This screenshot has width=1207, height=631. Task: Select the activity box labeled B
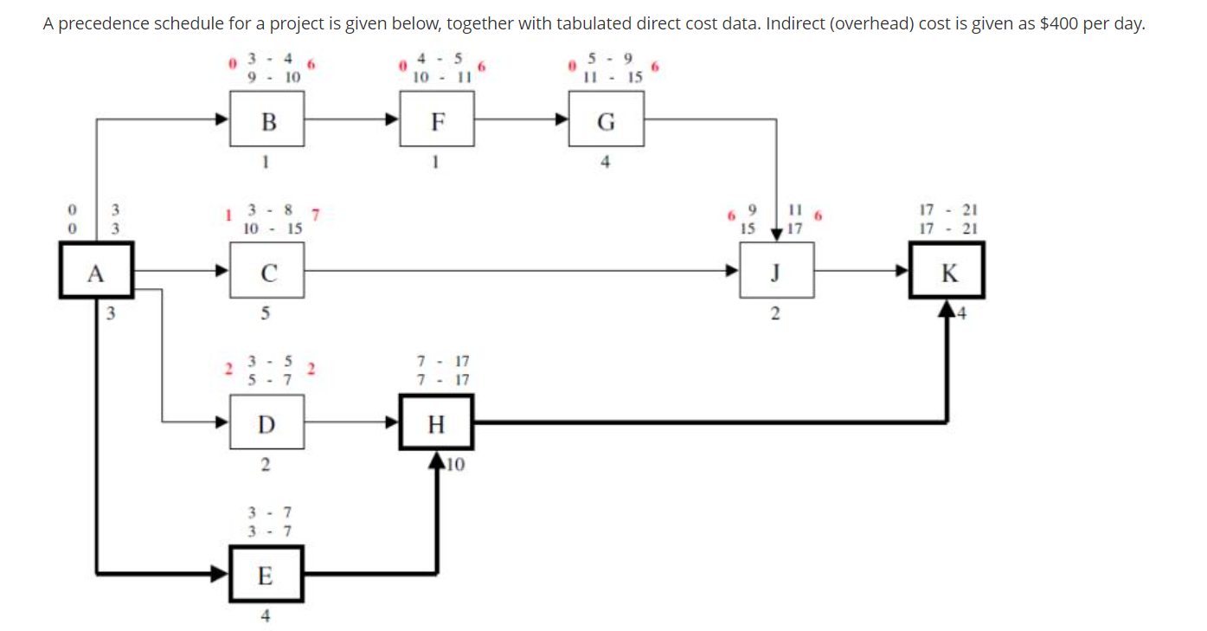click(x=266, y=122)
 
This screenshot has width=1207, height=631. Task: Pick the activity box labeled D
click(x=266, y=423)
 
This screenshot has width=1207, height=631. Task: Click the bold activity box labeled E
click(x=266, y=574)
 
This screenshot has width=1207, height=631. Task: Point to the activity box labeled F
click(x=437, y=122)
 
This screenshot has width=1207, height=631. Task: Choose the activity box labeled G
click(x=606, y=122)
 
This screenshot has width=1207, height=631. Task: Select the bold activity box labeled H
click(x=436, y=423)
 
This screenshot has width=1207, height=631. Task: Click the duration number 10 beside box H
click(x=456, y=465)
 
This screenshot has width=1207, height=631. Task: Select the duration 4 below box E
click(x=266, y=616)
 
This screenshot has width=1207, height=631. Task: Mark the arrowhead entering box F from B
click(x=393, y=122)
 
